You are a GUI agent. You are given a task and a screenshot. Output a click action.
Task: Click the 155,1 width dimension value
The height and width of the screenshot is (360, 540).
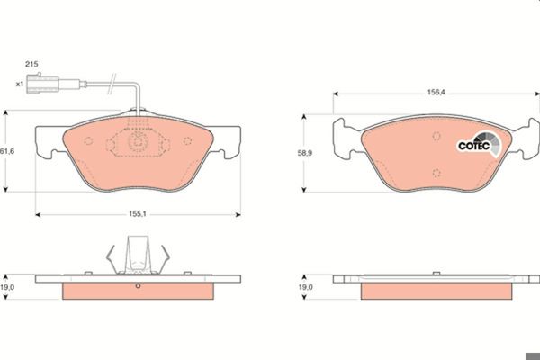[138, 214]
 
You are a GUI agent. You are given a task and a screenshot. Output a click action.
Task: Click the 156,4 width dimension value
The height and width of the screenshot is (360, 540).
[436, 92]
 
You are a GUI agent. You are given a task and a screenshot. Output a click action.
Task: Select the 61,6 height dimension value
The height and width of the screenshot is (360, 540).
[7, 151]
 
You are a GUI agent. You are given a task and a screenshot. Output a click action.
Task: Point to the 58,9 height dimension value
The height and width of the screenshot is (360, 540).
[305, 153]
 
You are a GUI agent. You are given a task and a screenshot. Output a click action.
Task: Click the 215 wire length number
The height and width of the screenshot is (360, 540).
[31, 64]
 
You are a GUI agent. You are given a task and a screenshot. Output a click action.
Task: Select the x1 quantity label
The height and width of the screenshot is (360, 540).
[20, 84]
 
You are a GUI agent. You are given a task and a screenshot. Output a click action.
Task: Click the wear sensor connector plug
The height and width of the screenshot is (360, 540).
[43, 84]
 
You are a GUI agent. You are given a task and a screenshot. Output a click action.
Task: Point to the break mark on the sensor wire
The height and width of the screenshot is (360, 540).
[112, 84]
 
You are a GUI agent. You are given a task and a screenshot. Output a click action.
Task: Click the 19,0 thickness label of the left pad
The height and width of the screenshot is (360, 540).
[7, 287]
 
